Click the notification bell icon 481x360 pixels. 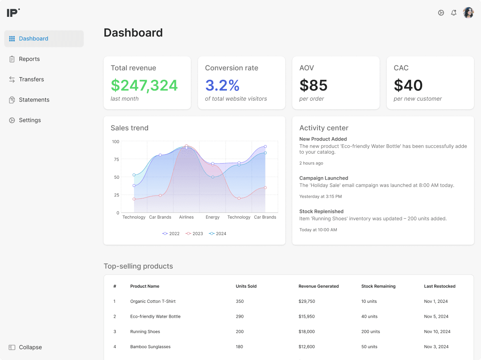coord(454,13)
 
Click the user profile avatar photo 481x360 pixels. coord(468,13)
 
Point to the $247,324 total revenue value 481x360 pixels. coord(144,85)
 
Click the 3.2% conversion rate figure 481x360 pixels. coord(222,85)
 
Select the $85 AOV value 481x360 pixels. coord(313,85)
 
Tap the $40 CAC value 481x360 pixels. coord(408,85)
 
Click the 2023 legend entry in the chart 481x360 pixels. coord(194,234)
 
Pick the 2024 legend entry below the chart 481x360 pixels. coord(217,234)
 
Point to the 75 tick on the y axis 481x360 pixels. coord(116,159)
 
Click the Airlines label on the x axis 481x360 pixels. coord(186,217)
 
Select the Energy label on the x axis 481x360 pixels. coord(213,217)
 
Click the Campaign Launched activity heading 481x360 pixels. coord(324,178)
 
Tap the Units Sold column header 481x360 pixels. coord(246,286)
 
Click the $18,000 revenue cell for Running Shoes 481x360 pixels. coord(306,332)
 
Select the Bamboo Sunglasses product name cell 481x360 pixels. coord(150,347)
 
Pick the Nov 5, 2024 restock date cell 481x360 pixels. coord(436,316)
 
